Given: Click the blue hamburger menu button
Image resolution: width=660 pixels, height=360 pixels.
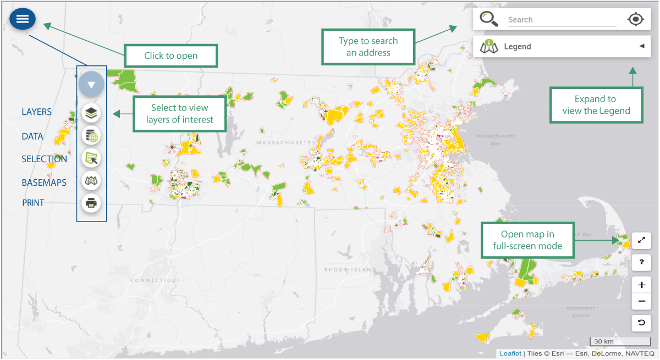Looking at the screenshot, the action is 23,19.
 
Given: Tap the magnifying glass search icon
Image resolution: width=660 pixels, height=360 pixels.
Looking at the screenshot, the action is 488,19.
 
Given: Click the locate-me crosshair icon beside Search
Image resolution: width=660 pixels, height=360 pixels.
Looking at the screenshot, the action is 635,19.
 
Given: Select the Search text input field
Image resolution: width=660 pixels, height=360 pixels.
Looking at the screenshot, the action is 561,20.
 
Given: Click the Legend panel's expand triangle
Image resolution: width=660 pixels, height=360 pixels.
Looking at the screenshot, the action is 641,46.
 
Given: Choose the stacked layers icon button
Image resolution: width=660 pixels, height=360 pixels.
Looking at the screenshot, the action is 91,113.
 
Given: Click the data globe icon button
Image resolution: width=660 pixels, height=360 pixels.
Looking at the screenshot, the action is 91,136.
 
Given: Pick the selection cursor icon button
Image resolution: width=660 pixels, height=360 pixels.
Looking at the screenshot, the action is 91,158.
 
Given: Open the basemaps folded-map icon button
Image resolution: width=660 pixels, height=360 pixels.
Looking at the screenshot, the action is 91,180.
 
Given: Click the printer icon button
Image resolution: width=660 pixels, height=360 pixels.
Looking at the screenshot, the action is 91,203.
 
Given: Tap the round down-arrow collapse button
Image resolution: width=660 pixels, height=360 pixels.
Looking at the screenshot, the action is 91,85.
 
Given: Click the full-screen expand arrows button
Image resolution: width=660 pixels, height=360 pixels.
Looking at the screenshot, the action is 641,240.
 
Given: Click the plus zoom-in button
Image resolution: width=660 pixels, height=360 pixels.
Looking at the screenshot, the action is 641,285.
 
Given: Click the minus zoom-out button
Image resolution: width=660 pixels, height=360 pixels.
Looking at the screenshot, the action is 641,301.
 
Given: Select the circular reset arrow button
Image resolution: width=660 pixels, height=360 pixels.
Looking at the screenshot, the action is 641,323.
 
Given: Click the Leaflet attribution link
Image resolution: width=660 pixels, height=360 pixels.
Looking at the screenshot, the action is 510,353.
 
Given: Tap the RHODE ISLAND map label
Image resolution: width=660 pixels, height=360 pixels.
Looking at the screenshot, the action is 350,270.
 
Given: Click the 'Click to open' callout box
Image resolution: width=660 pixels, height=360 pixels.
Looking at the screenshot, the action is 171,56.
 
